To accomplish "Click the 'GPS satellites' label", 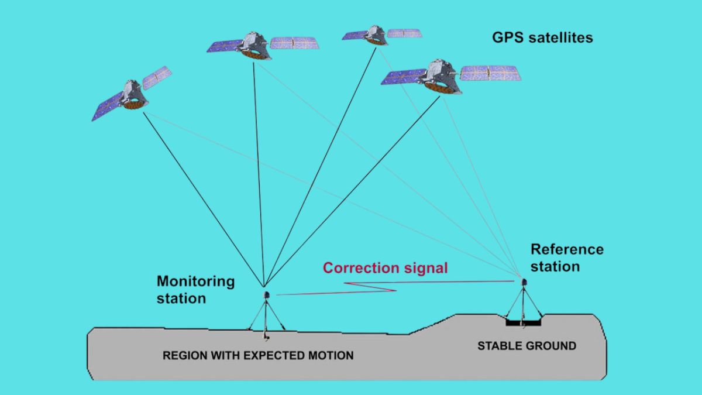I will (x=542, y=38).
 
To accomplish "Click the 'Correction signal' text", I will (x=386, y=268).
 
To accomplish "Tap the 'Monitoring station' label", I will (x=195, y=289).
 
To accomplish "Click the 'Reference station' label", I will (x=566, y=257).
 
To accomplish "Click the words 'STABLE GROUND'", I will (x=526, y=346).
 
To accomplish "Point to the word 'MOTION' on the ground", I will (x=332, y=355).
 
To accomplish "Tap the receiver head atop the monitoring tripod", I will (x=267, y=295).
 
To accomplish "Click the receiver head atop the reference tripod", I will (x=524, y=281).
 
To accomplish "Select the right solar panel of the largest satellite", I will (x=490, y=73).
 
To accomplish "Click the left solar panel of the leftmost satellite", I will (x=107, y=108).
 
